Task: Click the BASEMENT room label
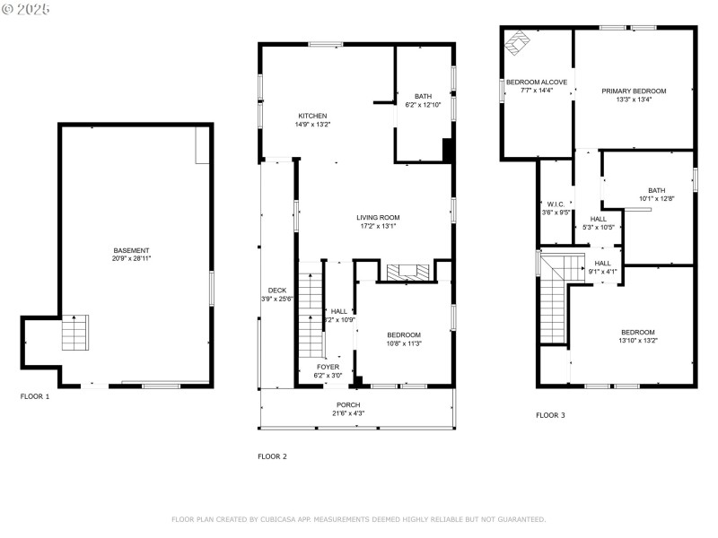(x=131, y=250)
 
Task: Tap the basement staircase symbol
(x=74, y=333)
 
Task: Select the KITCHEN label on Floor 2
(x=312, y=116)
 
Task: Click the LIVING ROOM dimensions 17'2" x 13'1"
(x=378, y=226)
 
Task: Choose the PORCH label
(x=348, y=404)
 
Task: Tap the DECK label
(x=276, y=290)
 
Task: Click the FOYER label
(x=328, y=367)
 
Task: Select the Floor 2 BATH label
(x=423, y=97)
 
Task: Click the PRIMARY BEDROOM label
(x=634, y=91)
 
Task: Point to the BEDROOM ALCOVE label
(x=536, y=82)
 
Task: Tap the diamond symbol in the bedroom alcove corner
(x=518, y=42)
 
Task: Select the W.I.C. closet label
(x=555, y=204)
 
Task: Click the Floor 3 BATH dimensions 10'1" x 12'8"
(x=657, y=198)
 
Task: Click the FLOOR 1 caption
(x=36, y=395)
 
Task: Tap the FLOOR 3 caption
(x=551, y=415)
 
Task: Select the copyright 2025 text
(x=26, y=9)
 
